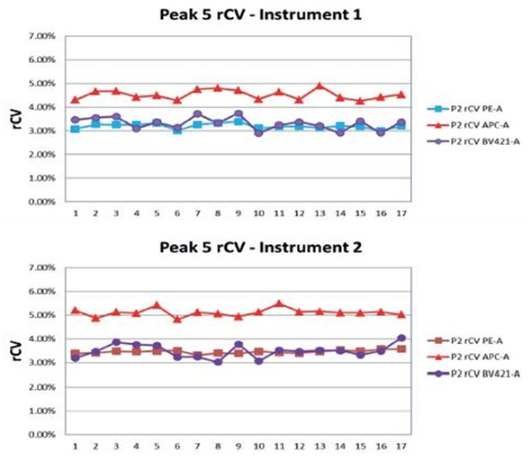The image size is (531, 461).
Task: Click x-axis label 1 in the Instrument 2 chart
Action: click(x=75, y=445)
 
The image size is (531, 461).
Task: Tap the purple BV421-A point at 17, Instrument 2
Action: click(x=400, y=339)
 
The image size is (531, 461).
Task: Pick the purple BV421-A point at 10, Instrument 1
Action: click(x=258, y=132)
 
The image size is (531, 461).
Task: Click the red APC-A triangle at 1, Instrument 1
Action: click(x=75, y=99)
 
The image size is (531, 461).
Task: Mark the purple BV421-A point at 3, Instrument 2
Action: click(x=115, y=342)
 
